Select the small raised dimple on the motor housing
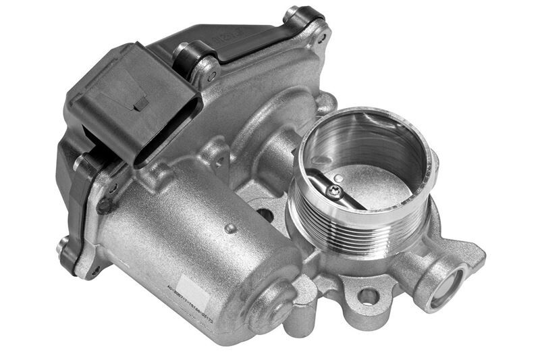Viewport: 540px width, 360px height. pyautogui.click(x=231, y=228)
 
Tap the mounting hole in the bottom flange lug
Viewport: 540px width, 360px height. pyautogui.click(x=367, y=296)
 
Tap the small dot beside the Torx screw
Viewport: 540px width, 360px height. pyautogui.click(x=340, y=179)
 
